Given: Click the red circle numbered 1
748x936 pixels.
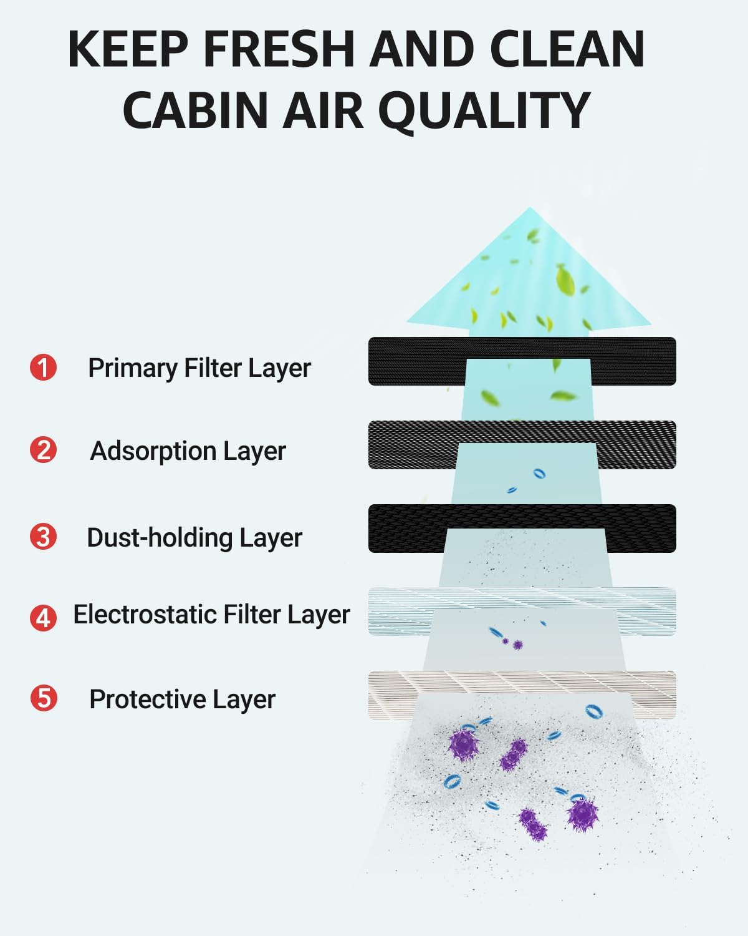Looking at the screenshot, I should pos(43,367).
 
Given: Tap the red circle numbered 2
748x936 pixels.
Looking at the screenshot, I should pos(43,450).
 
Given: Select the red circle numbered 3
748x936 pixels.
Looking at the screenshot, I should pos(43,537).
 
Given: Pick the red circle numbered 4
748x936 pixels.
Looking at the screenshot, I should pos(43,617).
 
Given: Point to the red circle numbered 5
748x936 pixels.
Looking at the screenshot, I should pos(43,698).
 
